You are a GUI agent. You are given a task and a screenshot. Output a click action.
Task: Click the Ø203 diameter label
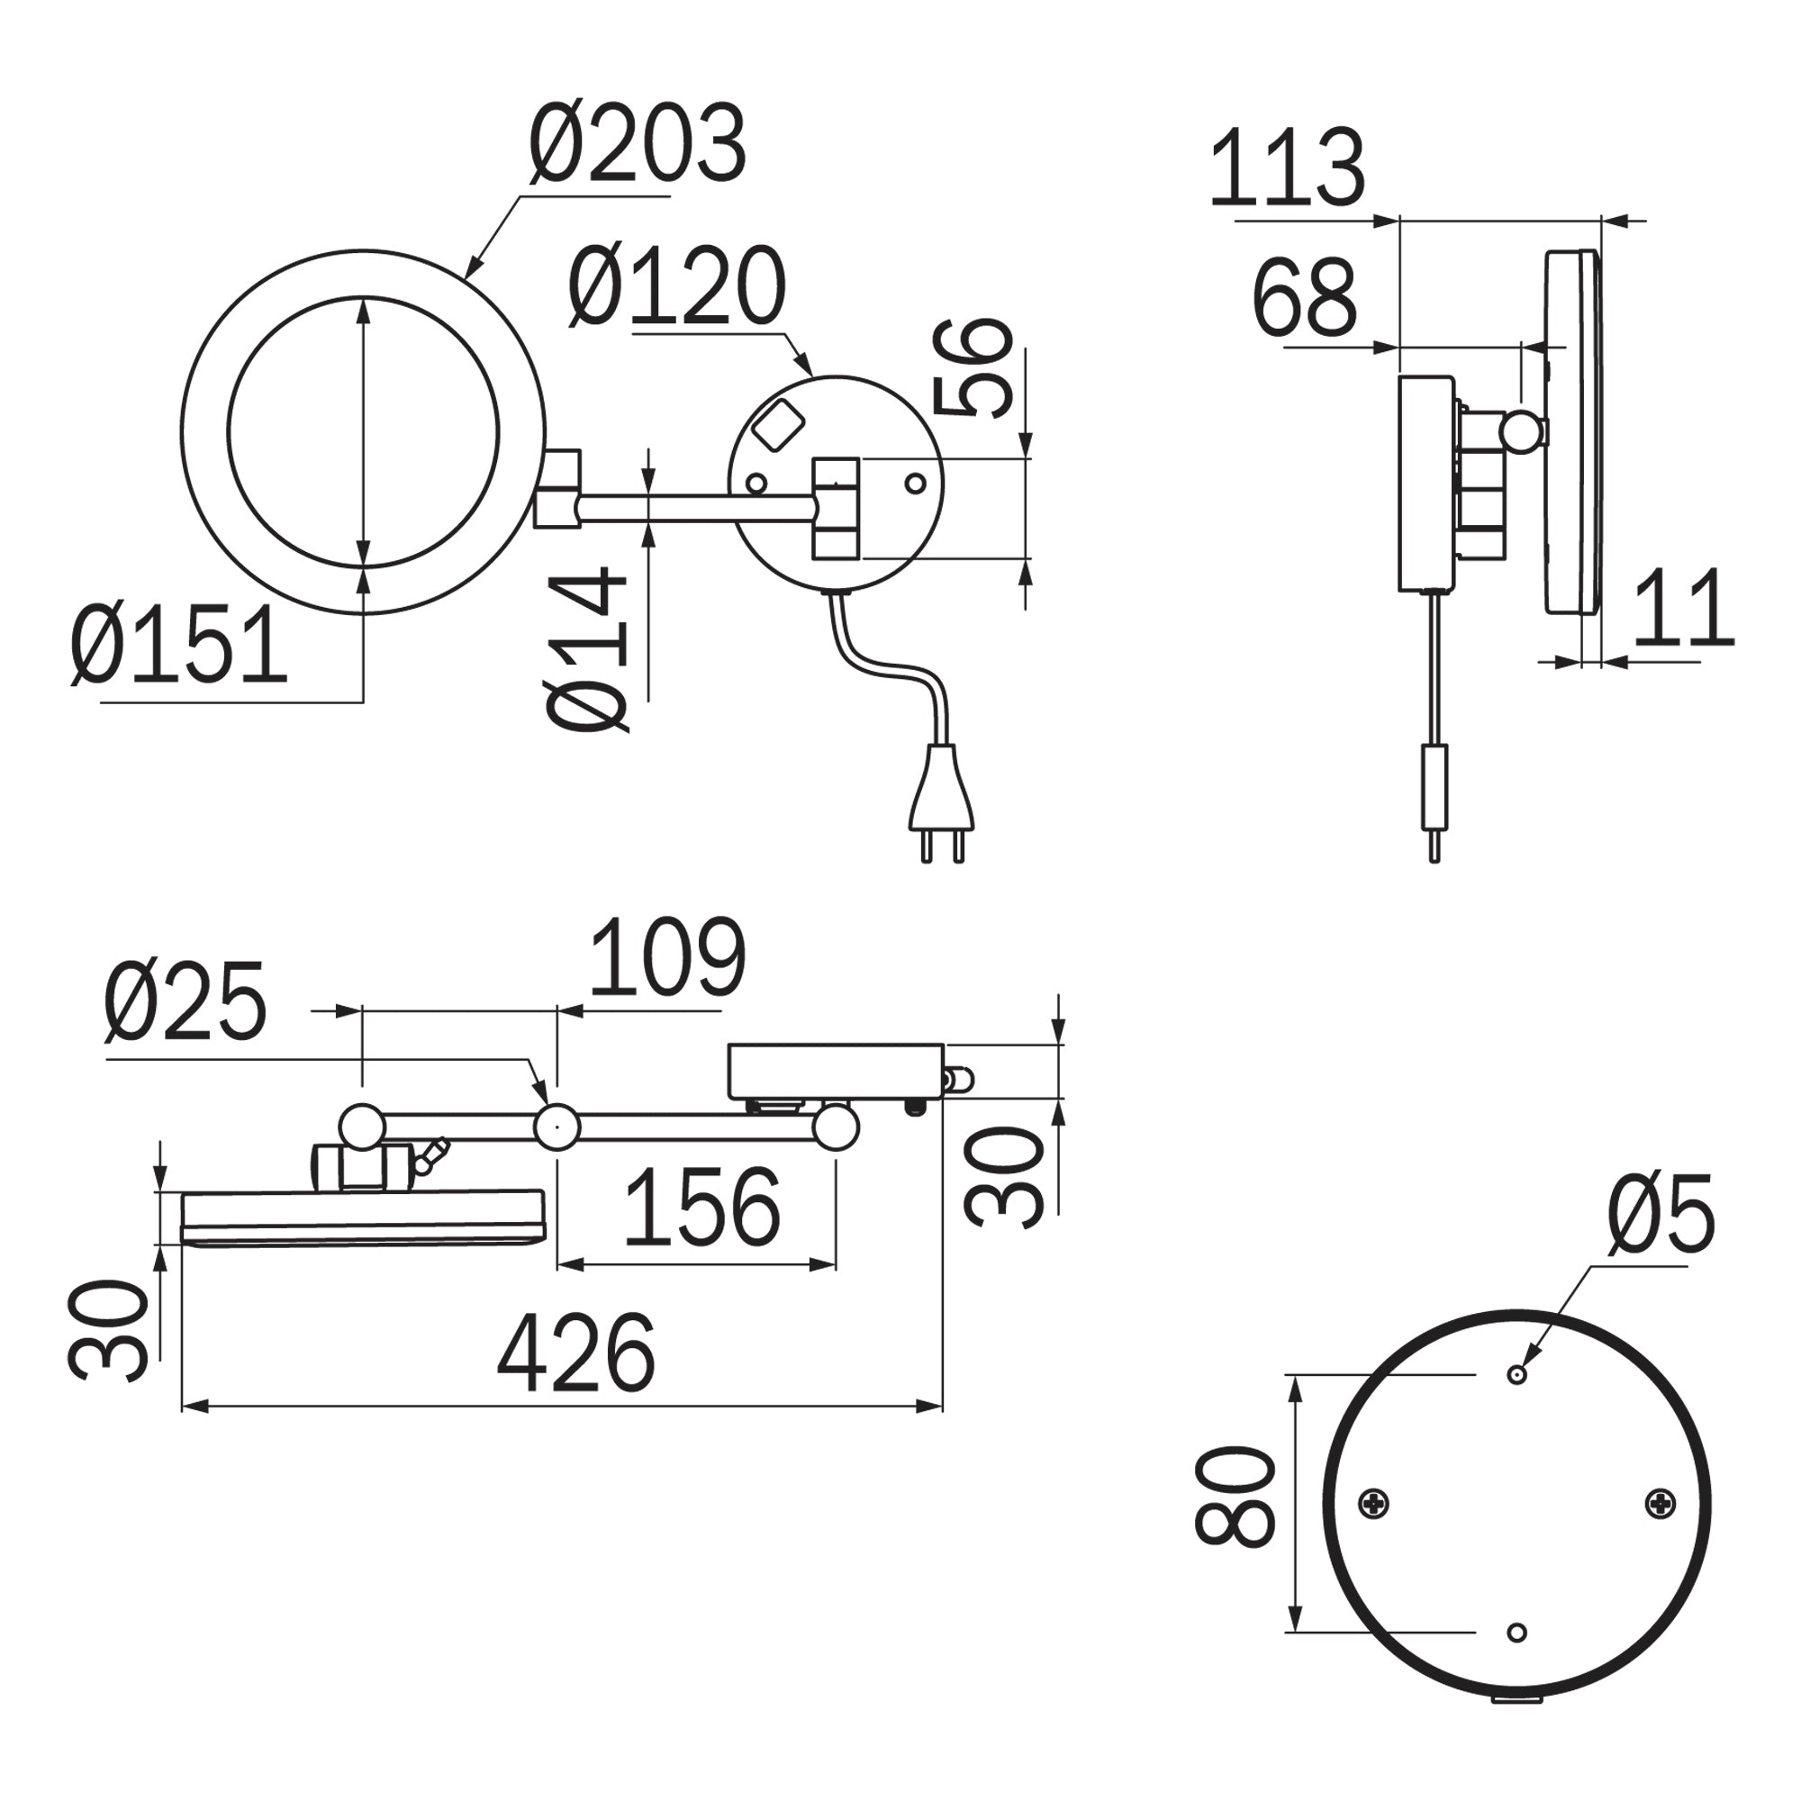(638, 144)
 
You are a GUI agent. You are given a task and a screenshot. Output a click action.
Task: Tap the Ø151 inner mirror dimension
(179, 644)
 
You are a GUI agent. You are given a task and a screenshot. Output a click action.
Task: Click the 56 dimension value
(973, 368)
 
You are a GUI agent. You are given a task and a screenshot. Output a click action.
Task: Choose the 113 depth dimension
(1287, 167)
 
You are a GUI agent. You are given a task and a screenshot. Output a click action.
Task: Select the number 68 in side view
(1303, 299)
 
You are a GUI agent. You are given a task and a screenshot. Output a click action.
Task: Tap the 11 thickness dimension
(1683, 608)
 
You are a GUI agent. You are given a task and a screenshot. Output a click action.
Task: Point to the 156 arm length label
(701, 1208)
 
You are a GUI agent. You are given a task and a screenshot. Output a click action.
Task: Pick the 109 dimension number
(667, 957)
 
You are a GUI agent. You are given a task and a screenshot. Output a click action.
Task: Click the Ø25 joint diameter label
(186, 1002)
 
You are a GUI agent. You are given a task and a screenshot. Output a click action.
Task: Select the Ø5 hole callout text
(1661, 1214)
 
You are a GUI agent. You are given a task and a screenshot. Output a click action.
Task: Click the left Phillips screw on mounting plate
(1374, 1502)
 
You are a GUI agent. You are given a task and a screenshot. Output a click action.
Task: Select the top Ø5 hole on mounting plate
(1516, 1374)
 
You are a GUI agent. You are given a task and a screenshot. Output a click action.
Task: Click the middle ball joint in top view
(557, 1127)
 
